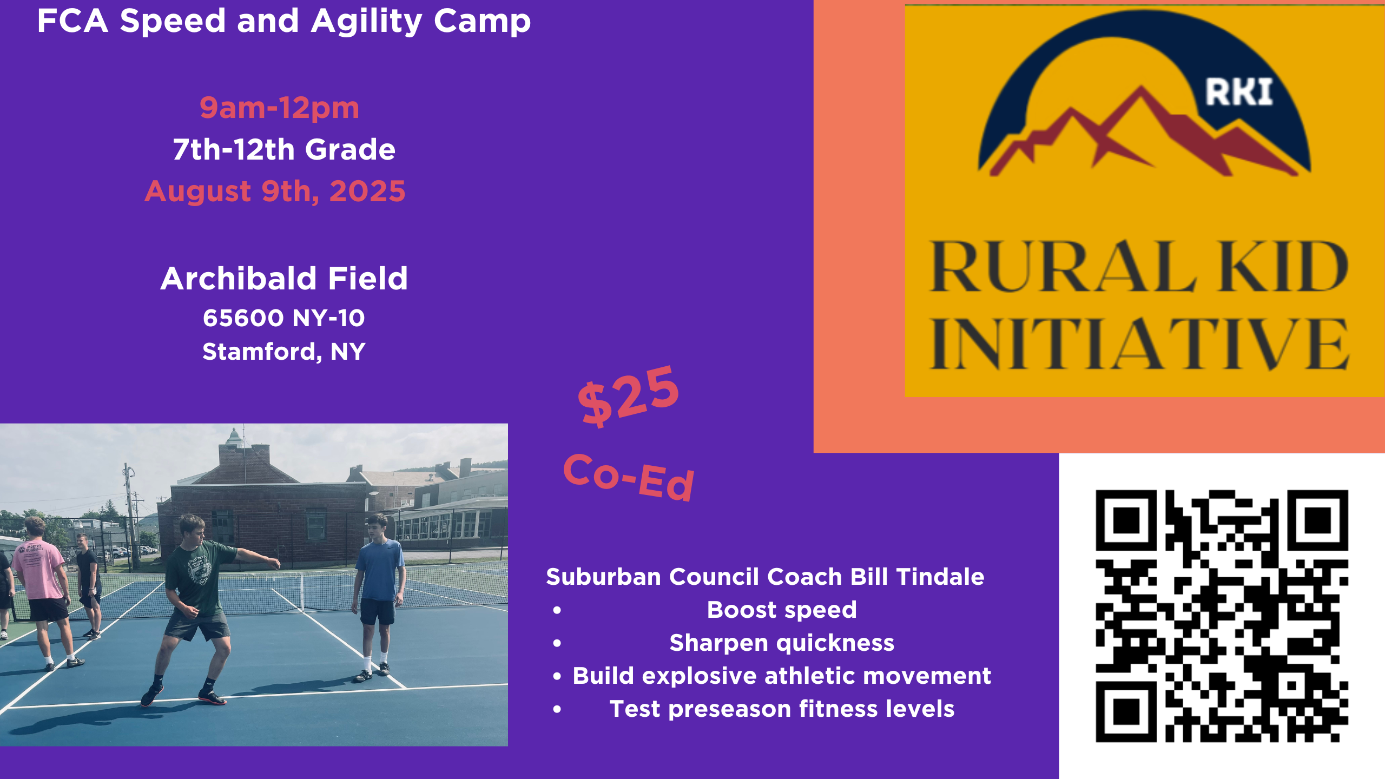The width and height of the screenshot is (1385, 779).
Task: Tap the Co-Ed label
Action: tap(629, 477)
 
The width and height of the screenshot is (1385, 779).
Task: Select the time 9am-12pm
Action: tap(279, 108)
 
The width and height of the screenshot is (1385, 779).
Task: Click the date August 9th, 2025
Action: tap(275, 192)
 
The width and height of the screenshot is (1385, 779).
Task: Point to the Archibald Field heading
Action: tap(284, 279)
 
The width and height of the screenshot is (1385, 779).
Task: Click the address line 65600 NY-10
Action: tap(284, 318)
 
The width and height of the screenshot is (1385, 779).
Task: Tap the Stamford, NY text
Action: tap(284, 352)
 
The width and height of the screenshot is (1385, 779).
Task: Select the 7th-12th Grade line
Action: tap(284, 149)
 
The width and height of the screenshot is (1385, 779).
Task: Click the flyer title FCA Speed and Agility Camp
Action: tap(284, 22)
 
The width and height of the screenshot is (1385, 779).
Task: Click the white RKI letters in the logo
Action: tap(1239, 93)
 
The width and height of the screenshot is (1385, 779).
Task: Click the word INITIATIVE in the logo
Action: tap(1139, 344)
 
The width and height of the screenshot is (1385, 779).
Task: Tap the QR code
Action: tap(1222, 616)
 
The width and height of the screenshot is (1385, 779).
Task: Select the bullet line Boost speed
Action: tap(782, 610)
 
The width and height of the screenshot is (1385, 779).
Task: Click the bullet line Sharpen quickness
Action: tap(782, 643)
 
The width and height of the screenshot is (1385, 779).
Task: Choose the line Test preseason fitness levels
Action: tap(782, 709)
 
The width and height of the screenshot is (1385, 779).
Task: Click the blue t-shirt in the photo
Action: tap(380, 570)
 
